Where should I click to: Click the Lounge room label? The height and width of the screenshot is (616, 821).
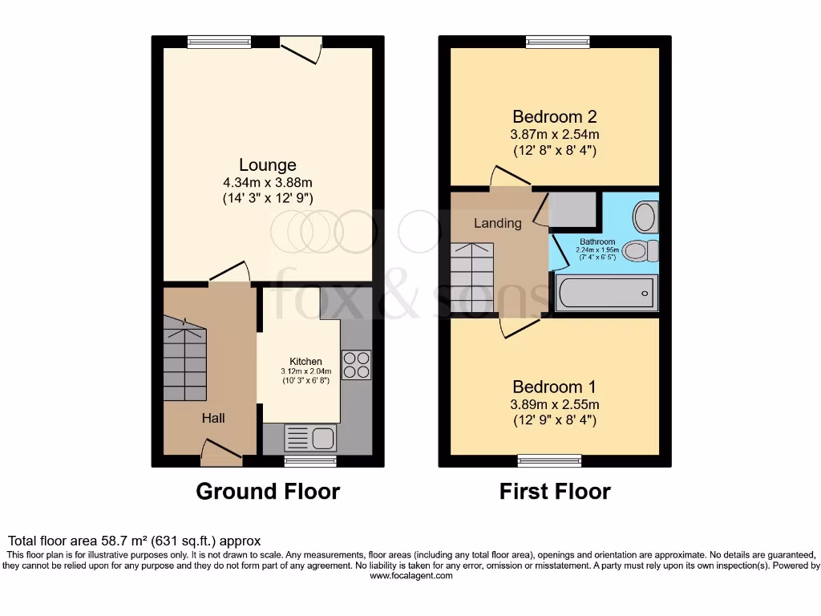[x=267, y=165]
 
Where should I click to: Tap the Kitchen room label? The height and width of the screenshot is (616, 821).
[x=305, y=362]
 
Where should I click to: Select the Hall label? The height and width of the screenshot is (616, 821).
[x=213, y=418]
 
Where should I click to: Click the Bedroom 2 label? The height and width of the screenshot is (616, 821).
[x=555, y=116]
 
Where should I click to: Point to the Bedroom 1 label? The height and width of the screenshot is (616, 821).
[x=555, y=386]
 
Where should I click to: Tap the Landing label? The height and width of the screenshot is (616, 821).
[x=497, y=223]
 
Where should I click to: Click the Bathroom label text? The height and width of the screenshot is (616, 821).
[x=597, y=241]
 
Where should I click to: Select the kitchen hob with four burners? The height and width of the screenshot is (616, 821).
[x=356, y=365]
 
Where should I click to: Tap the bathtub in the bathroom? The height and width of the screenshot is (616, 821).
[x=606, y=293]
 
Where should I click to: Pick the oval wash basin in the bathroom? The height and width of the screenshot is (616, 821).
[x=645, y=216]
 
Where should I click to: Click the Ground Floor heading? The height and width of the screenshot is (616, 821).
[x=268, y=491]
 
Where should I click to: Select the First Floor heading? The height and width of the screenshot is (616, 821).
[x=555, y=491]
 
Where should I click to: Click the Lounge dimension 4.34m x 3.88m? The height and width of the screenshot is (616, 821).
[x=267, y=182]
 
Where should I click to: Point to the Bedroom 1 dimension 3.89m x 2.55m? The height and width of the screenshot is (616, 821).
[x=555, y=404]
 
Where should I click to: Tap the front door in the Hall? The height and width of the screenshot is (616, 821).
[x=221, y=452]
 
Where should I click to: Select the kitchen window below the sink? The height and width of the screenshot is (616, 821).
[x=310, y=461]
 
